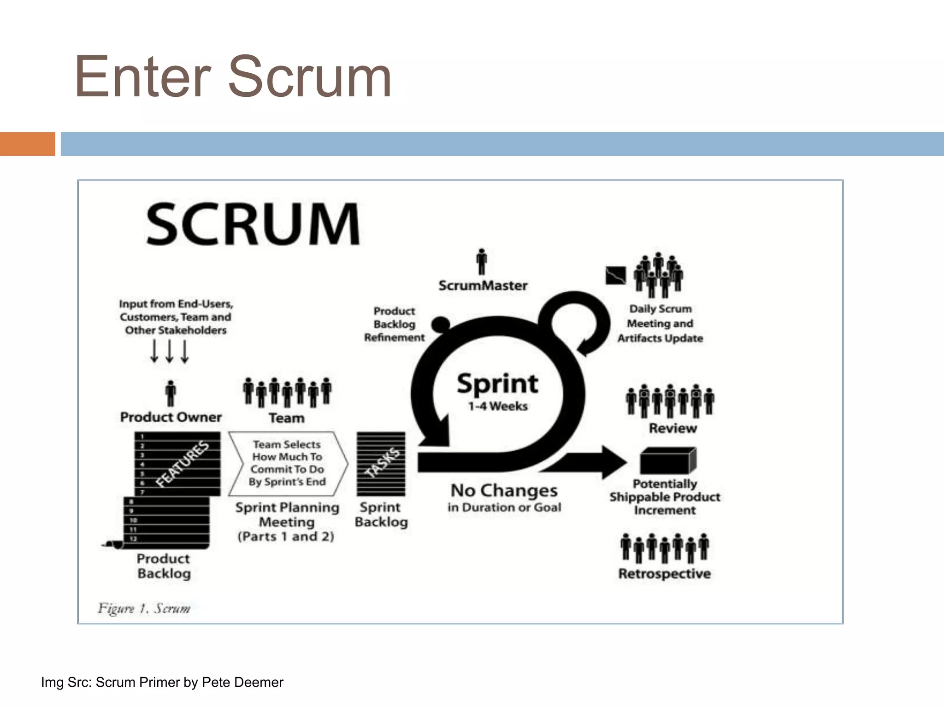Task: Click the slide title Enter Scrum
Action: [x=233, y=77]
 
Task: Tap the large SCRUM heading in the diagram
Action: [x=253, y=224]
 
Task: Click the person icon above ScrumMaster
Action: [x=482, y=261]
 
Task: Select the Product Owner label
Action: [x=171, y=417]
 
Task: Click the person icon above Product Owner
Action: [x=171, y=393]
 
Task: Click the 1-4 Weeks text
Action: [x=498, y=407]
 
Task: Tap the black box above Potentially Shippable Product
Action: [x=667, y=460]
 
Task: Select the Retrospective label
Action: [x=664, y=574]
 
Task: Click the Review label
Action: [x=673, y=428]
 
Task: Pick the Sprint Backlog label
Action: [x=381, y=514]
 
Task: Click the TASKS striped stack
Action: [x=381, y=464]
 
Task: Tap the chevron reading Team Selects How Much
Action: [x=288, y=463]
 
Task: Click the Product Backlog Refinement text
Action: [x=394, y=324]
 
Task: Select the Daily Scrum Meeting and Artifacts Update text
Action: [x=660, y=324]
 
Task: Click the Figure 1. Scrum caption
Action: [x=144, y=608]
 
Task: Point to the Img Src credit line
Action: [x=162, y=682]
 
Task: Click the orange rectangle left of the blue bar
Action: [x=27, y=144]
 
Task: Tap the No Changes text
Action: [x=504, y=490]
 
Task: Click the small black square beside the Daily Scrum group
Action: [x=615, y=276]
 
